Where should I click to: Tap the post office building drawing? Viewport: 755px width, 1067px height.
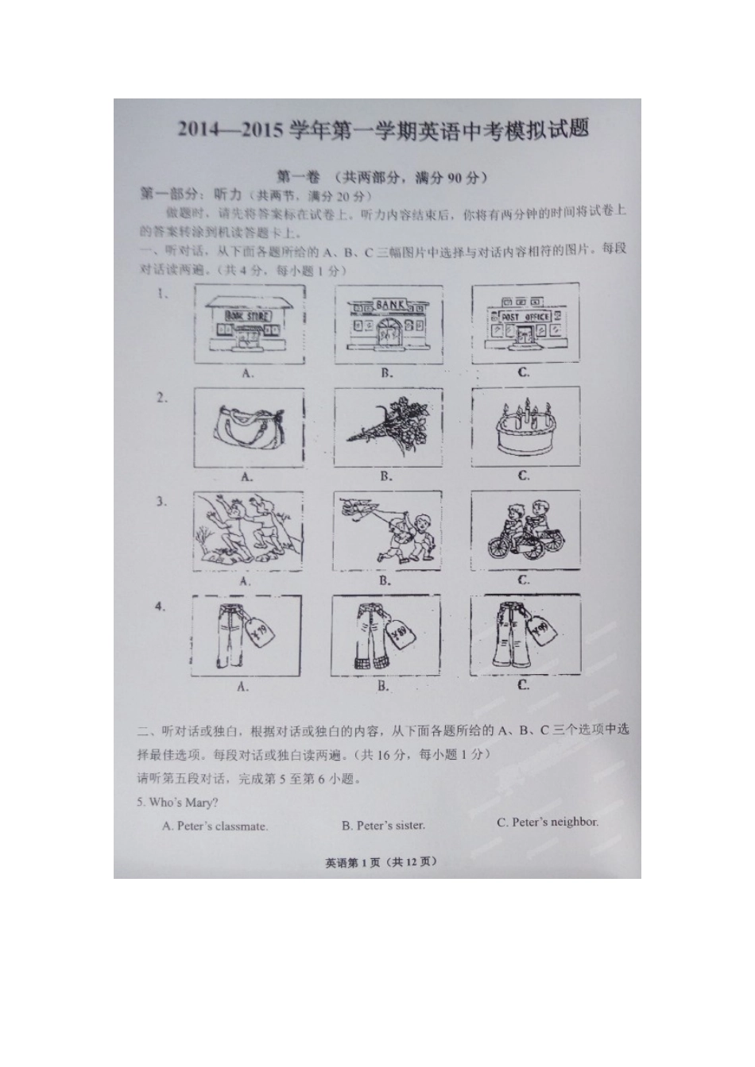(525, 324)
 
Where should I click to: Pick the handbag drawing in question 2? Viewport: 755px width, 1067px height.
(248, 427)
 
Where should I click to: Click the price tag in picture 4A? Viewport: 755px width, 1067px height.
(259, 632)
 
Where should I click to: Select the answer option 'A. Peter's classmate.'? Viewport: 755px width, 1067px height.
(215, 826)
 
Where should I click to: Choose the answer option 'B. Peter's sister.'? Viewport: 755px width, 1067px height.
(383, 826)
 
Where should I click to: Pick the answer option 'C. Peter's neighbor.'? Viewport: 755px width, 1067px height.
(548, 822)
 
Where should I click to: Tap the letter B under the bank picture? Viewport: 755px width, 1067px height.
(386, 372)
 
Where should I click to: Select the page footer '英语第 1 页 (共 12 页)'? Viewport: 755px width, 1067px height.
(381, 862)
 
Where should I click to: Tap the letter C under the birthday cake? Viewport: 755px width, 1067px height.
(524, 476)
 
